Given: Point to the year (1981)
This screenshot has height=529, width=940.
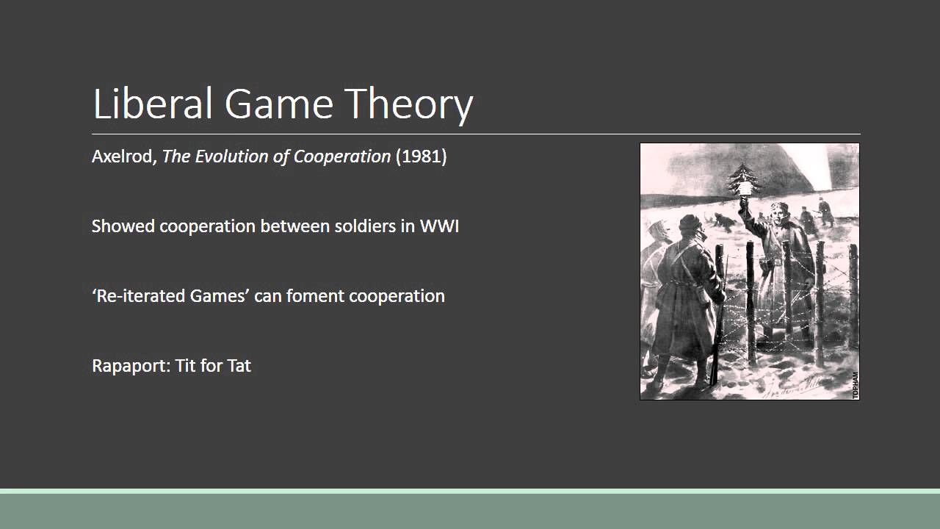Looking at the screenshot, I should click(421, 156).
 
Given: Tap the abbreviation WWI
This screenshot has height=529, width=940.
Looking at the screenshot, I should click(439, 226).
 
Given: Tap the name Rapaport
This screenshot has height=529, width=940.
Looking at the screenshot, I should click(130, 366).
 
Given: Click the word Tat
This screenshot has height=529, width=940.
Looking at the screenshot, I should click(239, 366).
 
